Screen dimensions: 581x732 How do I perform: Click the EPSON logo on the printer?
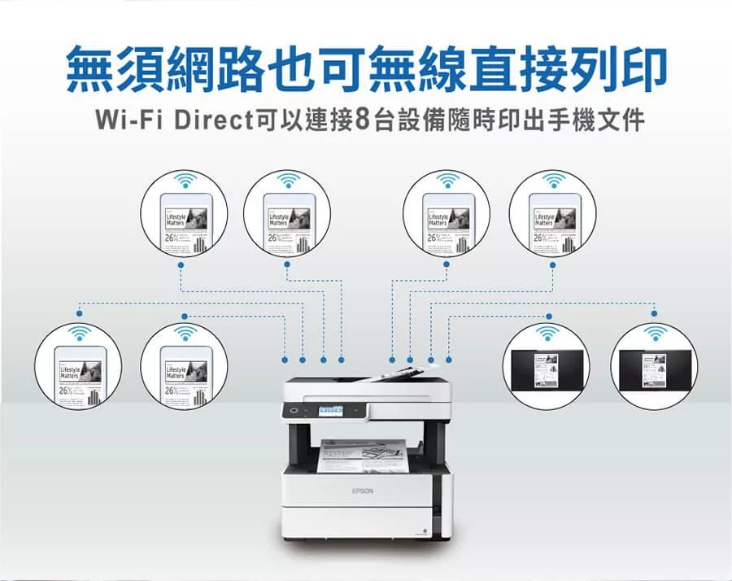362,491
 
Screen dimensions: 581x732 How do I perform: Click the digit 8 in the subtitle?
364,120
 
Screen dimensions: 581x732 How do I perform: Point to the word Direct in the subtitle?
209,120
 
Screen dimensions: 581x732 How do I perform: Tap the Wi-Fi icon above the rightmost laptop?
654,333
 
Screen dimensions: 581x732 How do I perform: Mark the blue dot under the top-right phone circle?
553,263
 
